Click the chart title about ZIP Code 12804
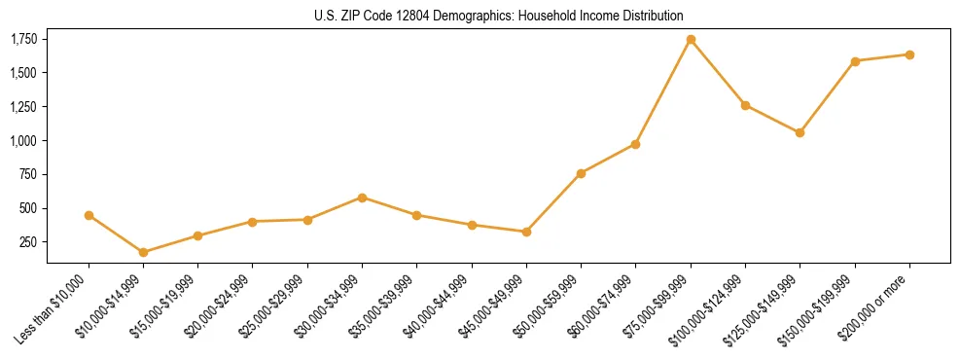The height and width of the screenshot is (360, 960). [499, 16]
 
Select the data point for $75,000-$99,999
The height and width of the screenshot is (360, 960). [691, 40]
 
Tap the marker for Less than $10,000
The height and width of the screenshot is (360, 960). [89, 215]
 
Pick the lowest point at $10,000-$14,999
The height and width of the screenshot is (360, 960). [144, 252]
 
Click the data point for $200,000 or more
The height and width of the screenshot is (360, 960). [909, 54]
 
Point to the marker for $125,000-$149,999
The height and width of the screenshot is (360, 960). [800, 132]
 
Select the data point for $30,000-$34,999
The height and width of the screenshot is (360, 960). [363, 198]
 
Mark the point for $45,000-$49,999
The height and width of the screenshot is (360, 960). [526, 232]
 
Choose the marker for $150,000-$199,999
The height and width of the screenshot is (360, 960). [855, 61]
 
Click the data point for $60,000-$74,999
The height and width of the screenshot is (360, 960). [635, 144]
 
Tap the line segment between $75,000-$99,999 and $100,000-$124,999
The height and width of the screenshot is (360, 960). [718, 72]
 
